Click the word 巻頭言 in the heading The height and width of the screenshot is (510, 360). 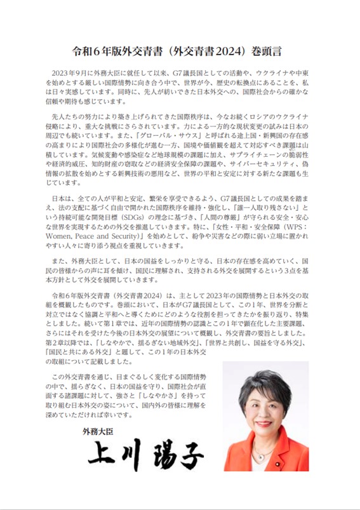[x=271, y=48]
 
